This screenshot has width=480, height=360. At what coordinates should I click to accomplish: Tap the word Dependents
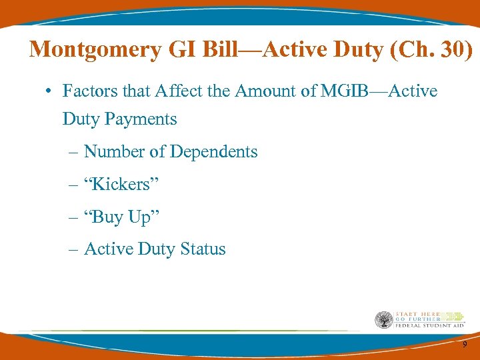click(x=213, y=152)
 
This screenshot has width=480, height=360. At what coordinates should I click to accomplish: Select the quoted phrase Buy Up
click(x=122, y=217)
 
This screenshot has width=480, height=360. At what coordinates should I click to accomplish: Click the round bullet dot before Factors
click(x=51, y=91)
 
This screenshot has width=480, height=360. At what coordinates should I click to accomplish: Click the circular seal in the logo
click(x=384, y=319)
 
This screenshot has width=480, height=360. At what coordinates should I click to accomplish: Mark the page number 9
click(x=465, y=344)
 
